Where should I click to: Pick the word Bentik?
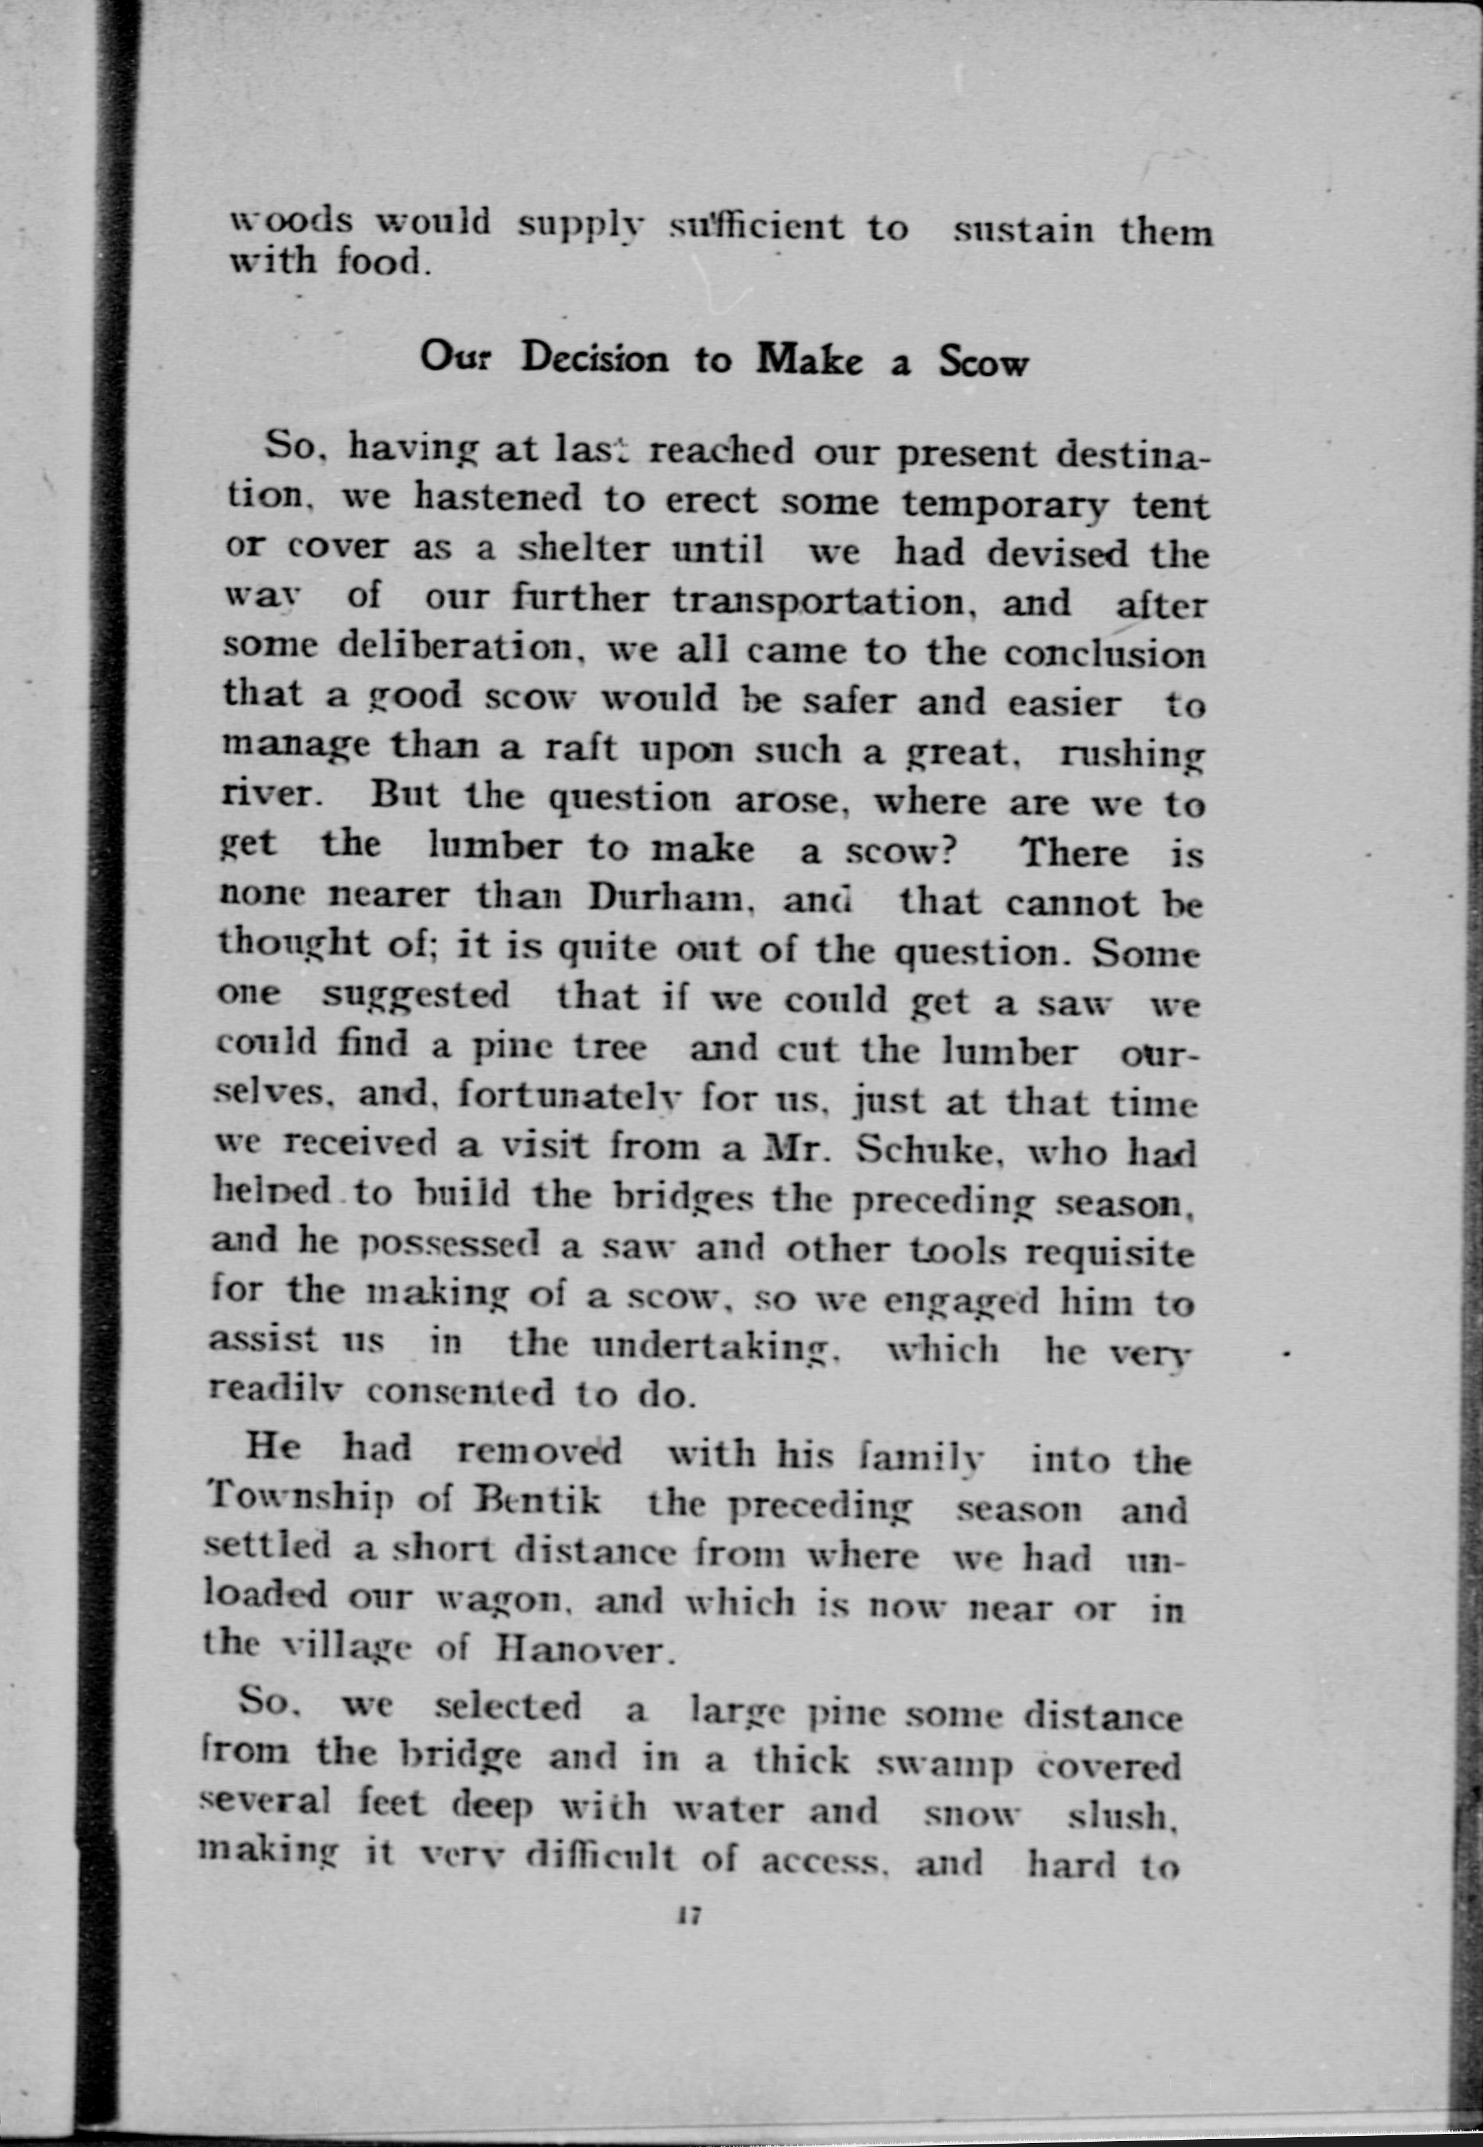pyautogui.click(x=538, y=1500)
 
